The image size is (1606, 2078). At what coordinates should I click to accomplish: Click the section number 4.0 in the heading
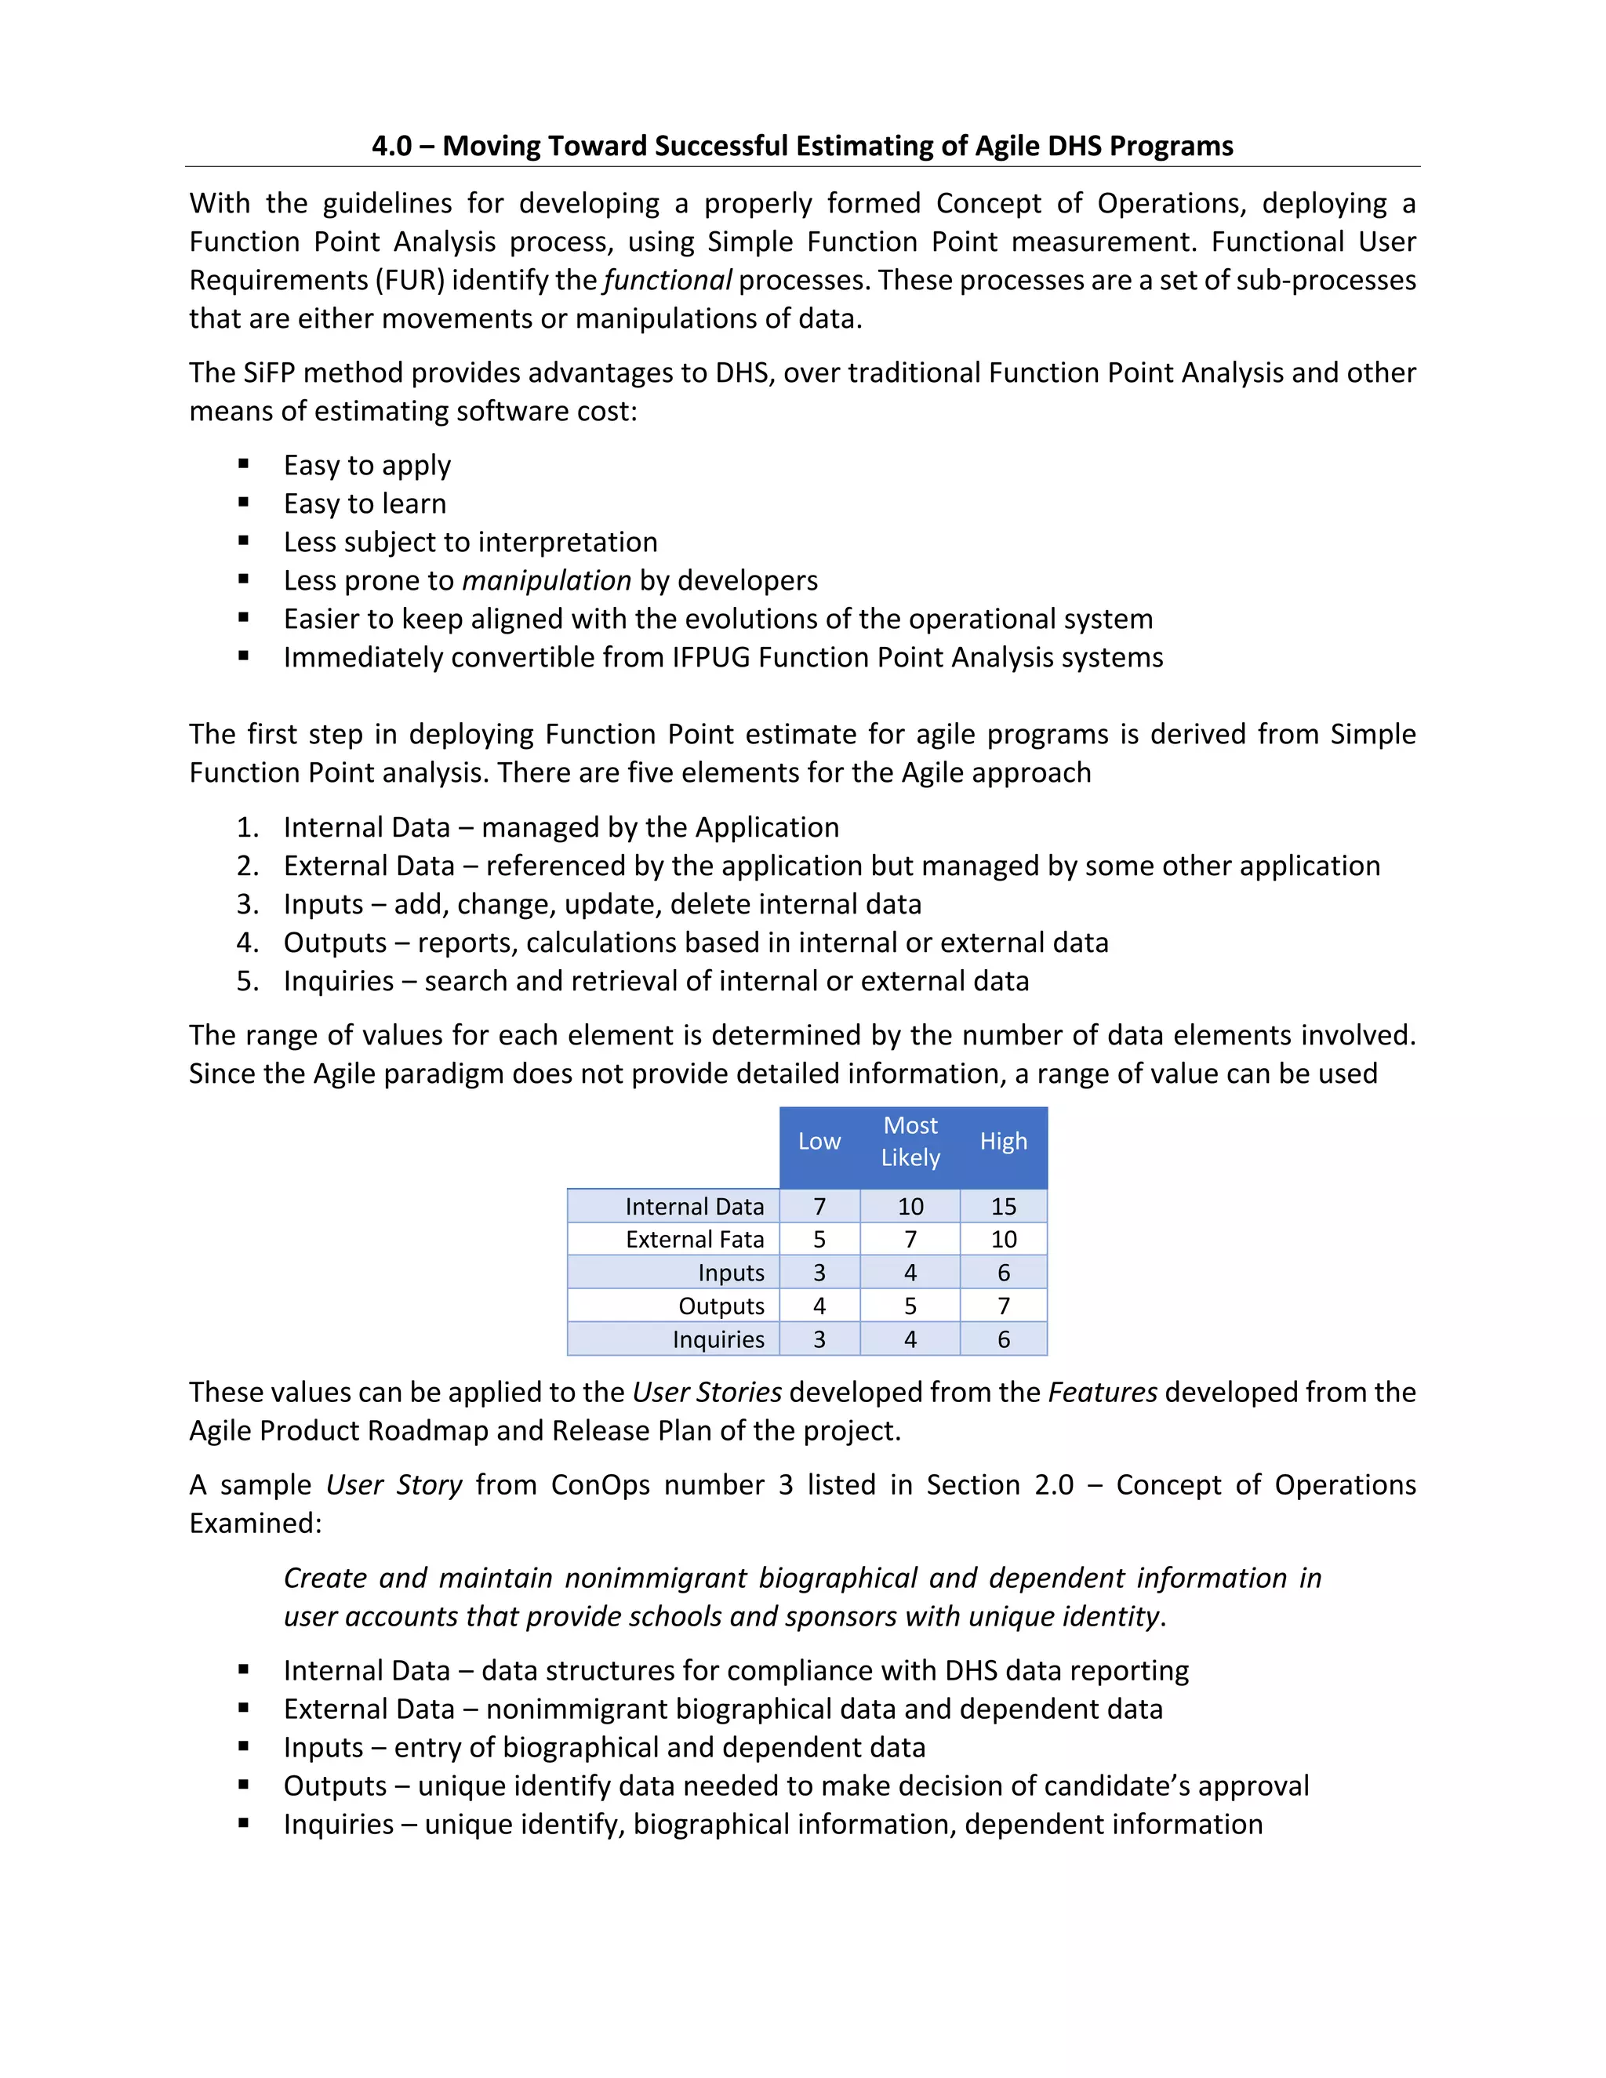coord(391,146)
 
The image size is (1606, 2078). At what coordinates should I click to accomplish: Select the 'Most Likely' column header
coord(910,1142)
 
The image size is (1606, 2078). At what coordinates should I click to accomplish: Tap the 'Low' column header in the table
coord(819,1142)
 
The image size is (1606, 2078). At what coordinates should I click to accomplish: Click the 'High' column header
coord(1003,1142)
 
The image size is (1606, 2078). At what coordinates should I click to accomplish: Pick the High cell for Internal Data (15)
coord(1003,1207)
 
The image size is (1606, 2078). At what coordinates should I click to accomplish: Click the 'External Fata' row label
coord(695,1240)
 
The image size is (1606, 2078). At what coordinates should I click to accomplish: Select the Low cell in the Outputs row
coord(819,1306)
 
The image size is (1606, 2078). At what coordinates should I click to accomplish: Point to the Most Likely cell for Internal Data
coord(910,1207)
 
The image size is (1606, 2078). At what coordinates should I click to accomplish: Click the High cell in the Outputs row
coord(1003,1306)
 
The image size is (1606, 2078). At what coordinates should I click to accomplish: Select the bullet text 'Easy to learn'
coord(365,503)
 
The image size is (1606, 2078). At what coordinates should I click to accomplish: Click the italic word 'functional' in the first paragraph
coord(668,281)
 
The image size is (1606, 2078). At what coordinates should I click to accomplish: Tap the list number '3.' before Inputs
coord(247,904)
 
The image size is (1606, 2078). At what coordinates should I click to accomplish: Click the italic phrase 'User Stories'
coord(707,1392)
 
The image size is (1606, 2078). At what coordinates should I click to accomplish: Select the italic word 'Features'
coord(1103,1392)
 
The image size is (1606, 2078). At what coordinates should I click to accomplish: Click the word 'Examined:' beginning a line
coord(255,1524)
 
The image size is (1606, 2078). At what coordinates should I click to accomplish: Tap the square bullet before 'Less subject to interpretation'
coord(245,541)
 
